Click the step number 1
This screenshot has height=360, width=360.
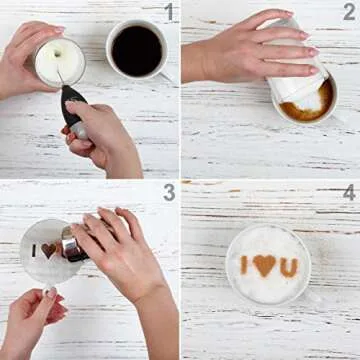169,12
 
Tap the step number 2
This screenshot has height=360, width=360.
348,12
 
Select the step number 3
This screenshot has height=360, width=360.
169,192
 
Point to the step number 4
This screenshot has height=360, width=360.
348,192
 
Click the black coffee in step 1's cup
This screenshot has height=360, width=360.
137,50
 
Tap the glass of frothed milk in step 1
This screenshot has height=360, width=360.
59,62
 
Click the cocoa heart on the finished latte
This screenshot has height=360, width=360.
265,265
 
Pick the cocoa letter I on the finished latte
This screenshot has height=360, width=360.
243,265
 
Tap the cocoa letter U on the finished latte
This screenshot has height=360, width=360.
288,267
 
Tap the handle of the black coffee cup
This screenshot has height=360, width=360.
164,75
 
